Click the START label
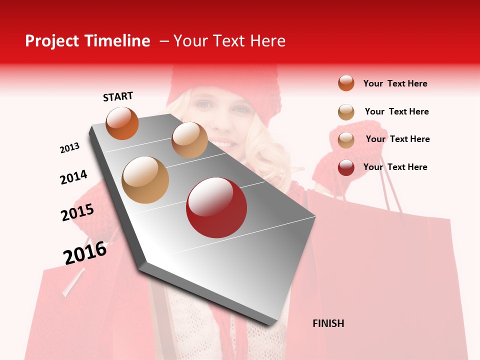pyautogui.click(x=118, y=96)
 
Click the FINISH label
pyautogui.click(x=328, y=323)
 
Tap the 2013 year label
pyautogui.click(x=69, y=148)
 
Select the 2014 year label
pyautogui.click(x=73, y=177)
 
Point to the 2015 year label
pyautogui.click(x=77, y=212)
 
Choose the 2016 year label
pyautogui.click(x=85, y=252)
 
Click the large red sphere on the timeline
pyautogui.click(x=216, y=207)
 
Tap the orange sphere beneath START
pyautogui.click(x=122, y=123)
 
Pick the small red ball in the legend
pyautogui.click(x=346, y=167)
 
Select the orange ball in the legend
pyautogui.click(x=346, y=83)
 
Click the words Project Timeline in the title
pyautogui.click(x=87, y=41)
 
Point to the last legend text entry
pyautogui.click(x=395, y=167)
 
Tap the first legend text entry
pyautogui.click(x=395, y=83)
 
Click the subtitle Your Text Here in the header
pyautogui.click(x=229, y=41)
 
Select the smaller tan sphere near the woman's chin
pyautogui.click(x=189, y=139)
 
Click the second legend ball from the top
pyautogui.click(x=346, y=112)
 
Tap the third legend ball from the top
pyautogui.click(x=346, y=139)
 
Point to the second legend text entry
pyautogui.click(x=396, y=111)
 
